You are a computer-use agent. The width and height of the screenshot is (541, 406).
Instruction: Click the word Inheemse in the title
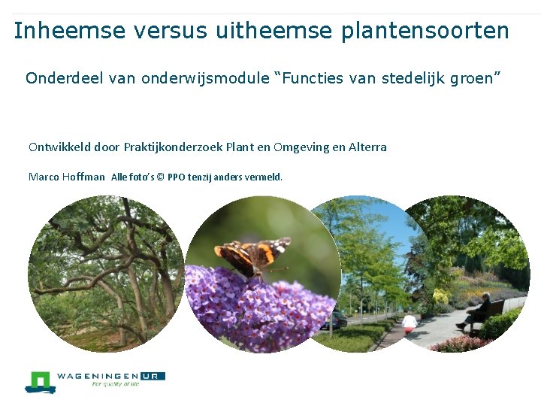tap(61, 31)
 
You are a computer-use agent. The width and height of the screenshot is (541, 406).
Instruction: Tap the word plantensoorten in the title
tap(425, 31)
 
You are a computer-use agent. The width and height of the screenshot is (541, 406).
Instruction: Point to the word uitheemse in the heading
tap(275, 31)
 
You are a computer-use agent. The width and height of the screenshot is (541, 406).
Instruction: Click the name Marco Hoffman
tap(67, 177)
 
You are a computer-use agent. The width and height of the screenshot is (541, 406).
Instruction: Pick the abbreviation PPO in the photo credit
tap(177, 177)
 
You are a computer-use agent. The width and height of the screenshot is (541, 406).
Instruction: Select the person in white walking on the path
tap(410, 323)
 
